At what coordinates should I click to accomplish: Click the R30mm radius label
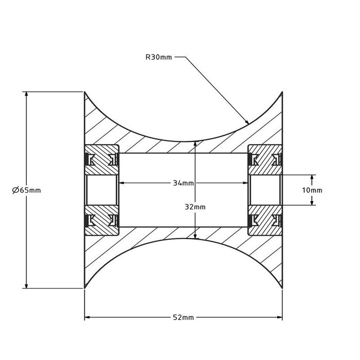tap(158, 58)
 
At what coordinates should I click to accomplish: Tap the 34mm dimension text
tap(184, 183)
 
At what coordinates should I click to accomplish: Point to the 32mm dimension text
tap(195, 207)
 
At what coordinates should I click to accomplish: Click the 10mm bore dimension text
tap(312, 190)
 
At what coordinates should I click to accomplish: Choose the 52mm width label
tap(184, 317)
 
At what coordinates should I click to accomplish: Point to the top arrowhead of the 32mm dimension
tap(195, 145)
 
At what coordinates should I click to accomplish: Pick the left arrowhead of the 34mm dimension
tap(123, 183)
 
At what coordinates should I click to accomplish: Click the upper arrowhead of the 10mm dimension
tap(312, 177)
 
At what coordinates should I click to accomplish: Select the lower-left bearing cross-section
tap(102, 221)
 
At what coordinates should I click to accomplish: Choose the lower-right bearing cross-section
tap(265, 221)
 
